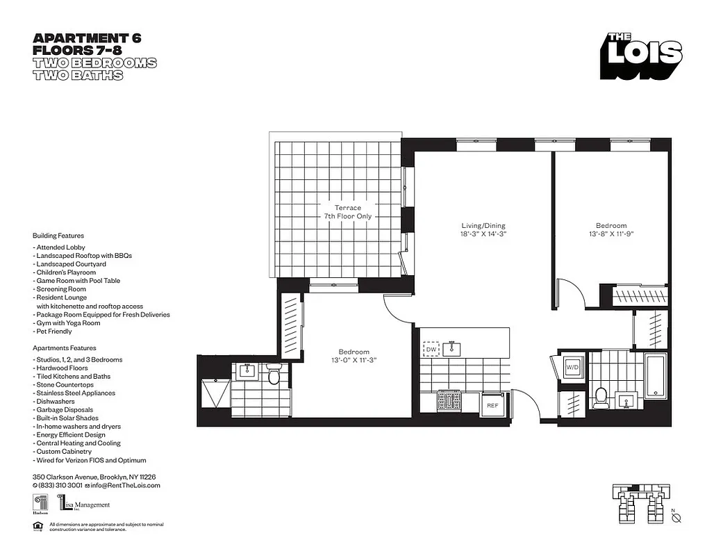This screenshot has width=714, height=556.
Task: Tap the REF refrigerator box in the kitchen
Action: pyautogui.click(x=492, y=404)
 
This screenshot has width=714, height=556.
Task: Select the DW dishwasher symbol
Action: pyautogui.click(x=431, y=350)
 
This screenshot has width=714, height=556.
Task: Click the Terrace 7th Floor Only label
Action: pyautogui.click(x=347, y=212)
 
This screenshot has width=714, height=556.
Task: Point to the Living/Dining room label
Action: pyautogui.click(x=483, y=230)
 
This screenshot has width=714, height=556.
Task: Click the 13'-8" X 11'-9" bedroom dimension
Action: pyautogui.click(x=611, y=234)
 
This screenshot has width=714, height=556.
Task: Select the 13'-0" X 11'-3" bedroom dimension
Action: pyautogui.click(x=354, y=360)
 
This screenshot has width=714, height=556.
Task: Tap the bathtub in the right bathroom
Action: pyautogui.click(x=655, y=375)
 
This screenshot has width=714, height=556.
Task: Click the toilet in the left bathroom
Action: pyautogui.click(x=274, y=376)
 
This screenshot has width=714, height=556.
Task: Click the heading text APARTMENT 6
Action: pyautogui.click(x=87, y=38)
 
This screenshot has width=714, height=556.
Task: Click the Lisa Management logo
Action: pyautogui.click(x=84, y=504)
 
